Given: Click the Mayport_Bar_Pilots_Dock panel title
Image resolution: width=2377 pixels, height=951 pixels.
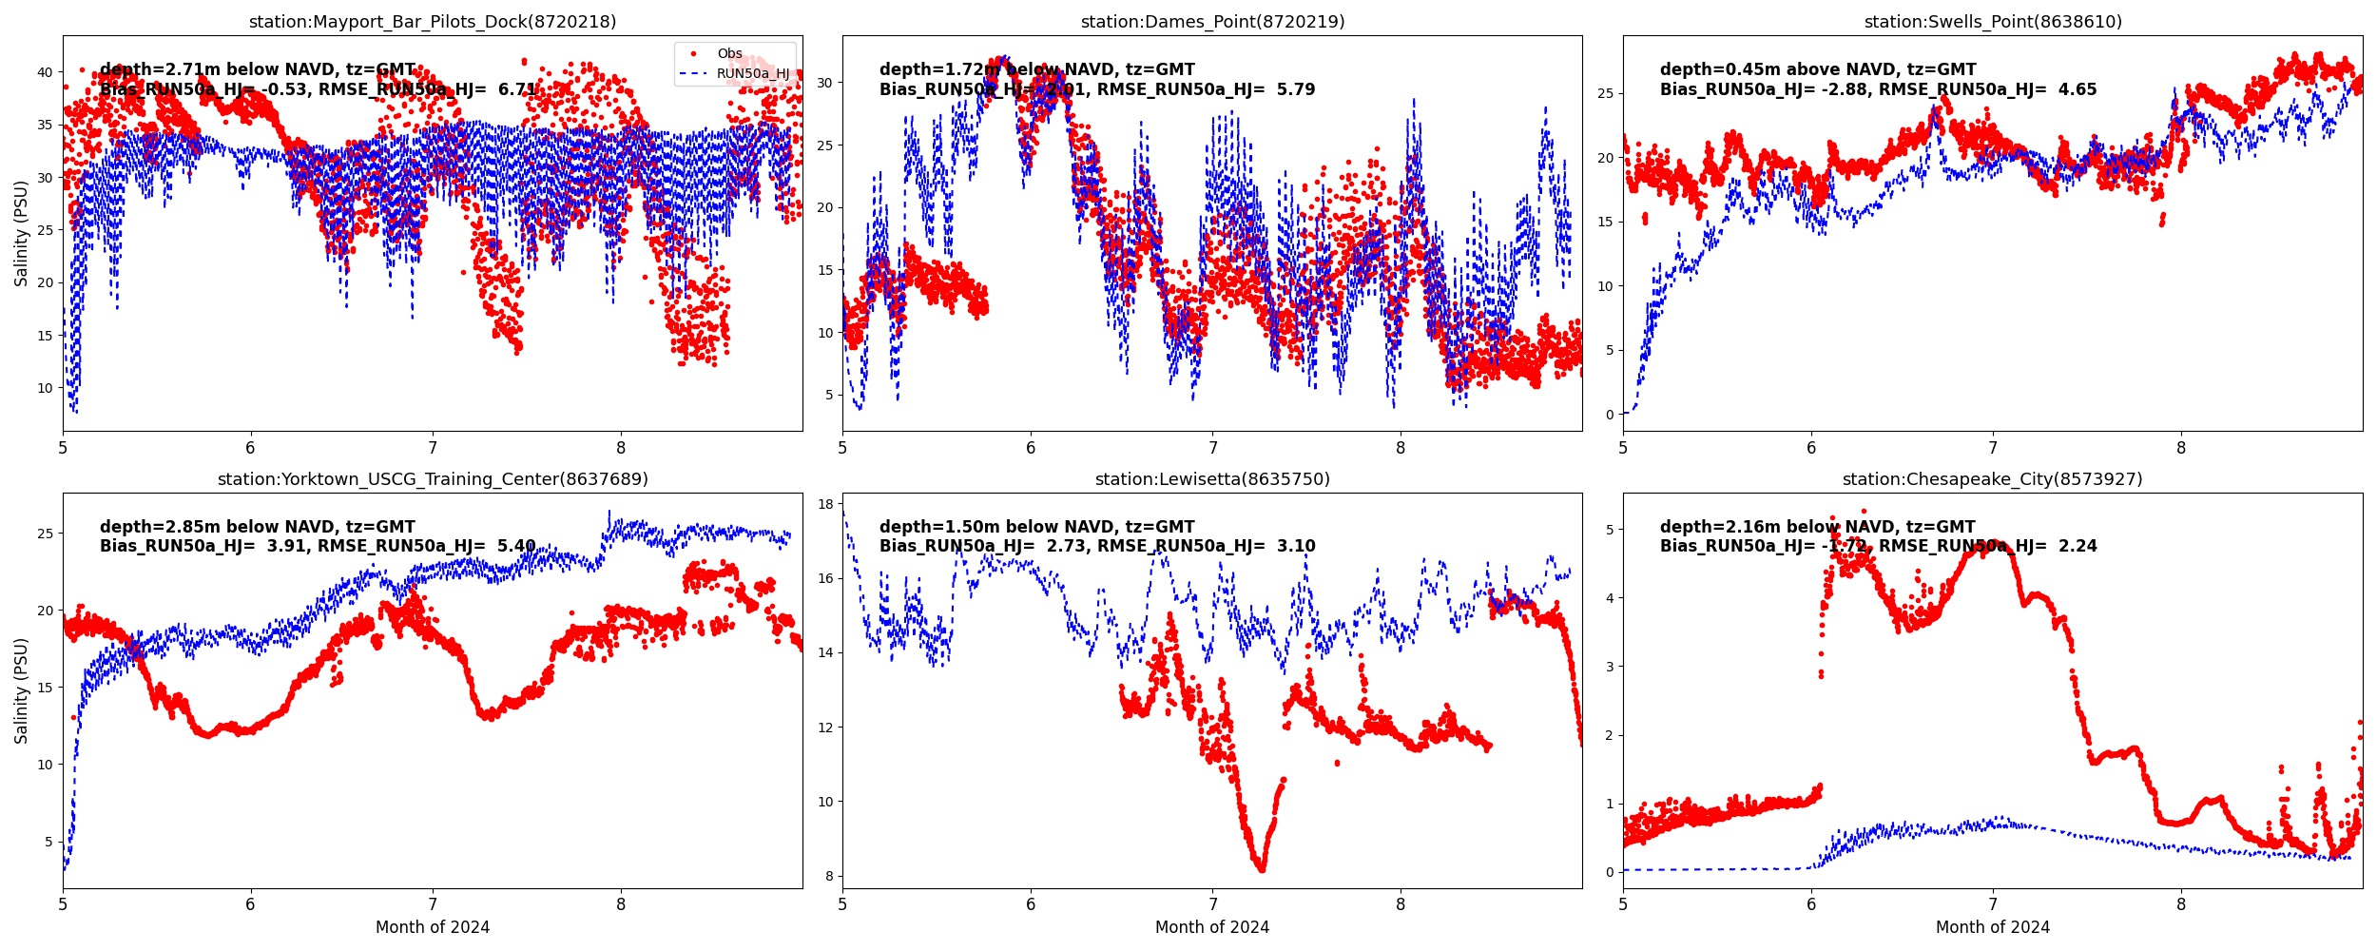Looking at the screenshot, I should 433,22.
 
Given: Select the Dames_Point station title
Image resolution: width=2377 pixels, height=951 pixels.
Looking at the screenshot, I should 1212,22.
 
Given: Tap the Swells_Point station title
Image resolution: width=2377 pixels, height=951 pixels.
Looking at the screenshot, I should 1993,22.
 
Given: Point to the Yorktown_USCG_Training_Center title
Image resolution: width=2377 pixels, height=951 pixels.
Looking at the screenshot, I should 433,479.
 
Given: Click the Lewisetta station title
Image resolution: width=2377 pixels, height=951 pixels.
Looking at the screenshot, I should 1212,479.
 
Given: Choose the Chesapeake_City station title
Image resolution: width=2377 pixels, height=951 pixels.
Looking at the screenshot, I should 1993,479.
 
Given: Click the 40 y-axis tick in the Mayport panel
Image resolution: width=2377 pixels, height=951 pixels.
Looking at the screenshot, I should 45,72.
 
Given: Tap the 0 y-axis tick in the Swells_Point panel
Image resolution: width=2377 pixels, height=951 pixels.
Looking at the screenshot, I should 1610,415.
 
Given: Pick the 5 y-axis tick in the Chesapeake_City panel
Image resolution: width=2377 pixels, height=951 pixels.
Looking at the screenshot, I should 1610,530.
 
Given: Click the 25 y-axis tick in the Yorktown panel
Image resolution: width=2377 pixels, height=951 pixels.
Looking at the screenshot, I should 45,534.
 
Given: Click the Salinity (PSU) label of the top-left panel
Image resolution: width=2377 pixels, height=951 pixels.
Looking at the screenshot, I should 21,233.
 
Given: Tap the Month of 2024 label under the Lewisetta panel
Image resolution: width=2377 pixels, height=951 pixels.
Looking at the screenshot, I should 1212,927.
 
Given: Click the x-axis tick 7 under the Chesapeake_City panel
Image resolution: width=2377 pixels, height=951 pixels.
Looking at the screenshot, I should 1993,906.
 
